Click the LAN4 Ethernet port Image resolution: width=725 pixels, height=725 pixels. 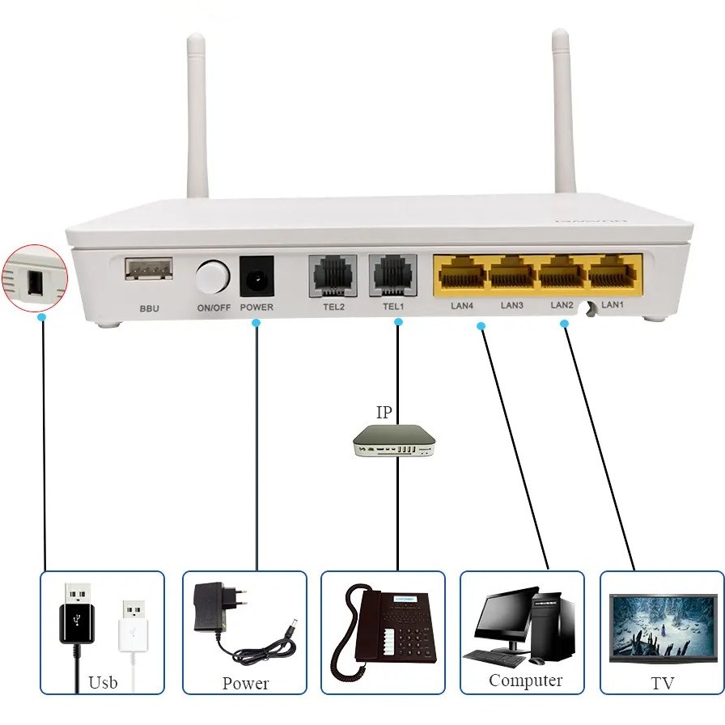click(x=461, y=273)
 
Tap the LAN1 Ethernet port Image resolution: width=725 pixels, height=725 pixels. click(x=615, y=273)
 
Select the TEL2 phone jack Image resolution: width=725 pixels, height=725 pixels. click(x=333, y=275)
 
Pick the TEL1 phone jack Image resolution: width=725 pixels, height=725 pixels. click(x=392, y=275)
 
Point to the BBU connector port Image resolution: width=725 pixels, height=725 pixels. click(x=148, y=269)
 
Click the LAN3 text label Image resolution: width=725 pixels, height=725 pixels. click(x=512, y=305)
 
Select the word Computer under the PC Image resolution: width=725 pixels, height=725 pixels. click(x=525, y=680)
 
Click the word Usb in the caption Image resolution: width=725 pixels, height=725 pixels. click(x=103, y=682)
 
